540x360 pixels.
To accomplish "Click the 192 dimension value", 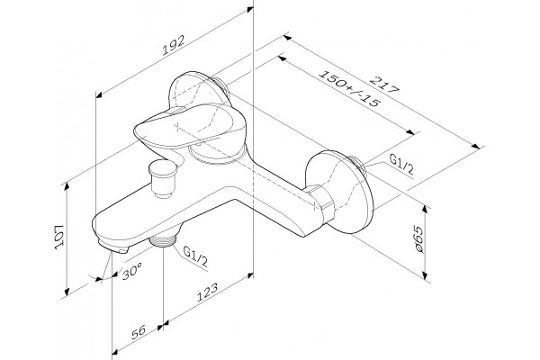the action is tap(175, 45).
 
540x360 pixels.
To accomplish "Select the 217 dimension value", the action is tap(384, 85).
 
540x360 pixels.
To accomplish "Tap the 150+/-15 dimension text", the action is tap(349, 89).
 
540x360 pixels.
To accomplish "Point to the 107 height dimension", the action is tap(59, 237).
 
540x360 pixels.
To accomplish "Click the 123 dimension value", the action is tap(207, 292).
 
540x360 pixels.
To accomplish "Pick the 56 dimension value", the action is tap(139, 332).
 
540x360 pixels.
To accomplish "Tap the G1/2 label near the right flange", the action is tap(401, 164).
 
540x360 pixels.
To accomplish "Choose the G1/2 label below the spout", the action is tap(195, 256).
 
